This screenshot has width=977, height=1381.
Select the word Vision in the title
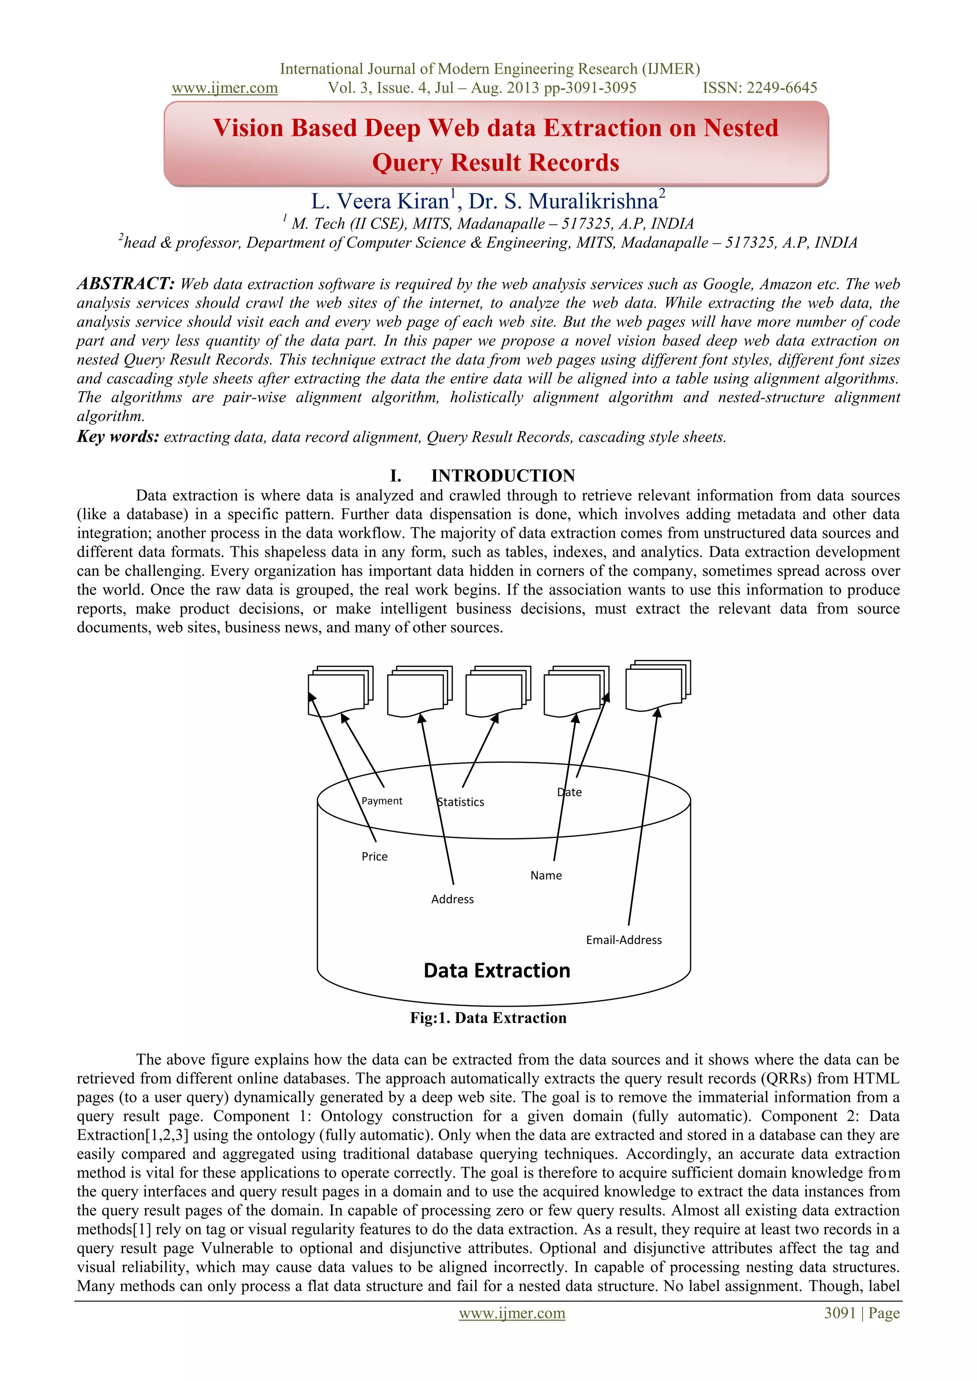tap(248, 128)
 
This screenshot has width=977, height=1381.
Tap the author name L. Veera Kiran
tap(380, 201)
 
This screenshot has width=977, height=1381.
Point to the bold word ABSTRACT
tap(125, 283)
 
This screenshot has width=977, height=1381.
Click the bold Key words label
tap(118, 436)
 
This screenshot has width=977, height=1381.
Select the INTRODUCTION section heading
tap(502, 476)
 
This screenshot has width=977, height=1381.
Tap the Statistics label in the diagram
tap(460, 802)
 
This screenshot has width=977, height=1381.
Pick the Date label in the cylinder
tap(569, 793)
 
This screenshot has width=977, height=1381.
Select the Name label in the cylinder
tap(546, 876)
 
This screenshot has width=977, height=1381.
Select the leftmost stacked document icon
tap(338, 692)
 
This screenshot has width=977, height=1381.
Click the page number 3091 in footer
tap(840, 1313)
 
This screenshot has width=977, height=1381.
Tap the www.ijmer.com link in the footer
tap(511, 1313)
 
